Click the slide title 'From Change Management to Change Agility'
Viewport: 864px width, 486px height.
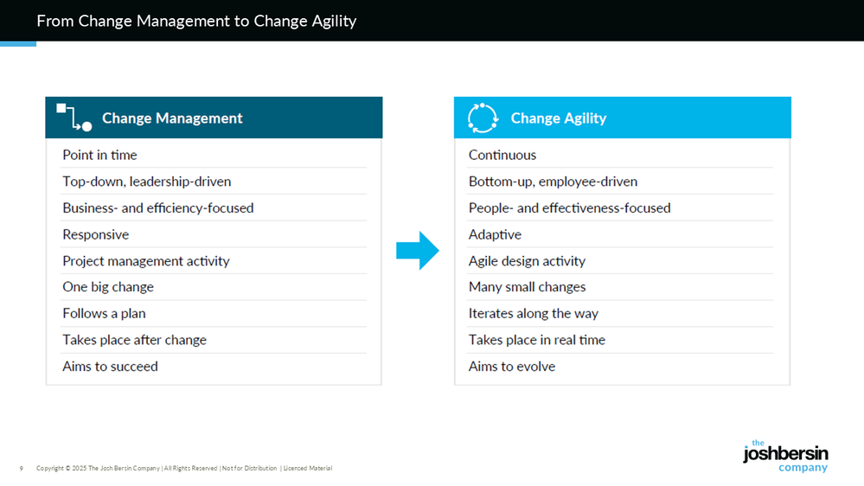click(x=196, y=21)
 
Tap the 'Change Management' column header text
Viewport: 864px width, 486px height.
click(x=172, y=118)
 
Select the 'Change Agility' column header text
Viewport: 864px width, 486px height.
click(x=558, y=118)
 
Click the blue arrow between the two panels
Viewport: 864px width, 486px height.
click(x=418, y=251)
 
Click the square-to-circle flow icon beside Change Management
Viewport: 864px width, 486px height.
click(x=74, y=118)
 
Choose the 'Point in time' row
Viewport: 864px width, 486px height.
click(x=99, y=155)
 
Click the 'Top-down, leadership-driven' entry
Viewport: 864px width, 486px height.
click(x=146, y=182)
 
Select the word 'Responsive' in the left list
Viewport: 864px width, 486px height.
click(x=95, y=234)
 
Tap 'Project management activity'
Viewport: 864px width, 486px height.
click(x=146, y=260)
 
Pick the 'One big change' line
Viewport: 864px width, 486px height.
click(x=108, y=287)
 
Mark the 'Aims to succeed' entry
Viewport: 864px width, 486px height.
click(x=110, y=367)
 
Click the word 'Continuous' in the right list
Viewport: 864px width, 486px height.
click(x=502, y=155)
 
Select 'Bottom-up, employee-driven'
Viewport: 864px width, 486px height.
click(x=553, y=182)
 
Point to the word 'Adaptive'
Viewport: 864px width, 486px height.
click(x=495, y=234)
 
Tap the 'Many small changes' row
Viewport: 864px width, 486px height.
click(x=527, y=287)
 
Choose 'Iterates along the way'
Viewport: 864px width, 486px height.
click(x=534, y=314)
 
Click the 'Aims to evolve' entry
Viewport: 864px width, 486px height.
click(x=512, y=367)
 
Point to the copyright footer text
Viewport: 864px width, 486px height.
click(x=184, y=469)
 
